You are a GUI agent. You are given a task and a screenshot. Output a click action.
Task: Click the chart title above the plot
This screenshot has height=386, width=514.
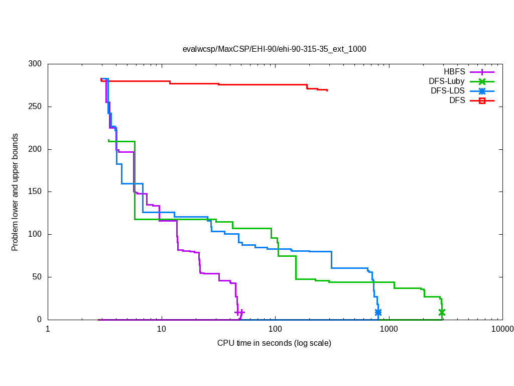[274, 49]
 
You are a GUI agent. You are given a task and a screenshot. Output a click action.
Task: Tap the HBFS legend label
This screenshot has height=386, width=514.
[454, 72]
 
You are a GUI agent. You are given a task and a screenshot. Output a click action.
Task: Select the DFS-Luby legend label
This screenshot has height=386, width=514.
[447, 81]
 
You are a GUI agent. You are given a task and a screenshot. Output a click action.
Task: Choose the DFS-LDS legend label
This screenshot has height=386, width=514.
[448, 91]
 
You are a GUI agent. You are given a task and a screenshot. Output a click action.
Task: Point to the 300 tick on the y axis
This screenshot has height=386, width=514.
[35, 64]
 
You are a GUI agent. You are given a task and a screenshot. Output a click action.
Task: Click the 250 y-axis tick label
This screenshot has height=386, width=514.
[35, 107]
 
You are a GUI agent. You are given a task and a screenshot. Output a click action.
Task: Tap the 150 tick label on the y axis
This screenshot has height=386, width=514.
[35, 192]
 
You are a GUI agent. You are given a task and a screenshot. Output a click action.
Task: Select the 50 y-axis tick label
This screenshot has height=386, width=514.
[37, 277]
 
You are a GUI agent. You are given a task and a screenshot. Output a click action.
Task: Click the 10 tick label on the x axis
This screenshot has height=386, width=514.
[162, 330]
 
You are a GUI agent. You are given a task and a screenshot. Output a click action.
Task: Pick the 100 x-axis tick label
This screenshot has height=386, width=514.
[275, 330]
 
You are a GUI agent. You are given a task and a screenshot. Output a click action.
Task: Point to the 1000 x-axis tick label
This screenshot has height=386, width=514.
[389, 330]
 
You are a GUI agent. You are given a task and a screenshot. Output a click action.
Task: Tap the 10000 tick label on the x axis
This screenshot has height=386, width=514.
[502, 330]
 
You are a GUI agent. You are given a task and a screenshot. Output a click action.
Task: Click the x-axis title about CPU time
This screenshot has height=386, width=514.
[274, 343]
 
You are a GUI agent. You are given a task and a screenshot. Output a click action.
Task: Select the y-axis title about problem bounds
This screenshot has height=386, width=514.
[16, 192]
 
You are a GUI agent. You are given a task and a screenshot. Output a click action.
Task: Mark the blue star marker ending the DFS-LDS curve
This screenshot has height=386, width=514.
[378, 312]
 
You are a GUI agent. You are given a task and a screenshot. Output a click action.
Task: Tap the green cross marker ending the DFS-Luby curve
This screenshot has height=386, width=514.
[442, 312]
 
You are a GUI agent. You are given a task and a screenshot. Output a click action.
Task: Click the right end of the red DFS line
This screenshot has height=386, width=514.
[327, 90]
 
